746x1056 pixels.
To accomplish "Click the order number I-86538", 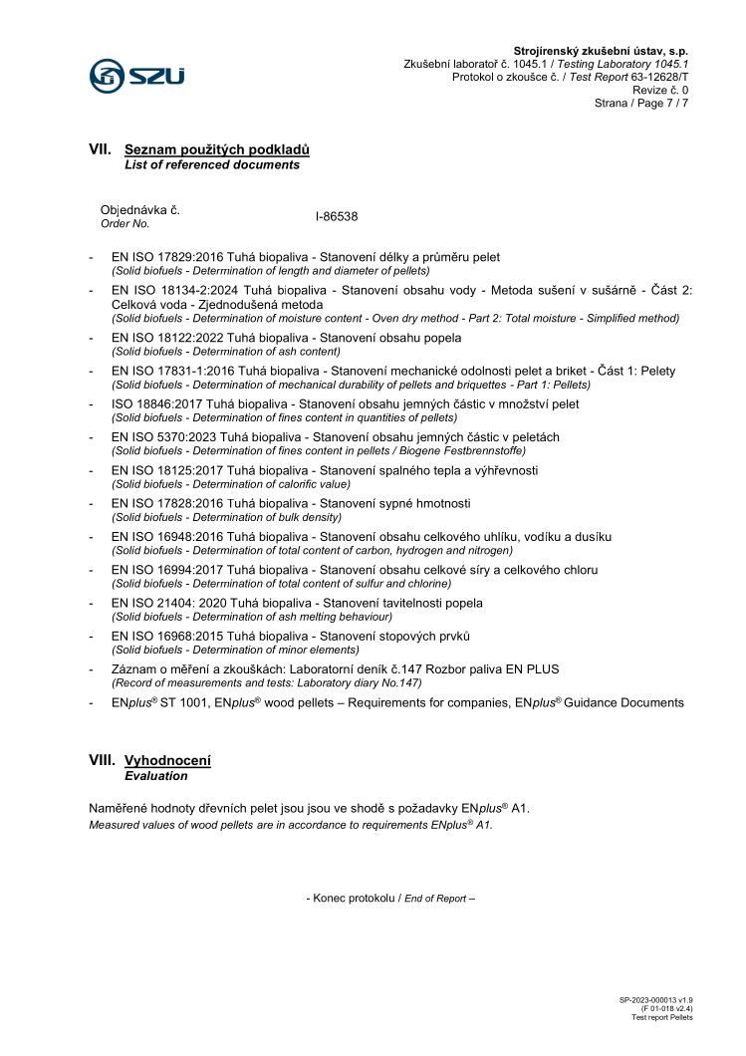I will click(336, 216).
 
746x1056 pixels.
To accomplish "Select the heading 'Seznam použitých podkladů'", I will click(217, 149).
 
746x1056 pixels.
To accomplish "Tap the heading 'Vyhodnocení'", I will click(168, 760).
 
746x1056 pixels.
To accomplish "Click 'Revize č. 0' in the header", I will click(660, 90).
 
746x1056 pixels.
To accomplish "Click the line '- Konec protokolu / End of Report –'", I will click(389, 899).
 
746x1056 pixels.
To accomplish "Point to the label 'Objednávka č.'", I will click(140, 210).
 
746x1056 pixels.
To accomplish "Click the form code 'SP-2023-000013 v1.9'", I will click(655, 998).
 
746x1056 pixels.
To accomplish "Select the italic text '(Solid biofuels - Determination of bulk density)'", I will click(227, 517).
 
